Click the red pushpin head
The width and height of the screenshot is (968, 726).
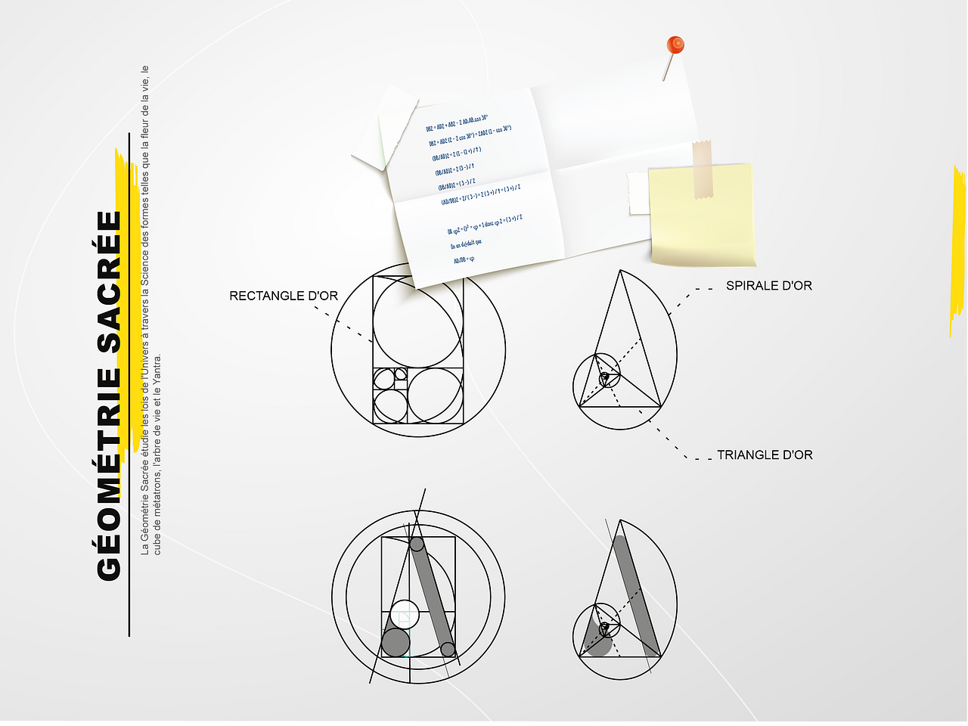[x=675, y=45]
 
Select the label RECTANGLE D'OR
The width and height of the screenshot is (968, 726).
[x=284, y=296]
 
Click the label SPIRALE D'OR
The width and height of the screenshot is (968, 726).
[x=768, y=286]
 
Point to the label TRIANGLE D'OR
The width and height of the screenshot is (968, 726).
[x=765, y=455]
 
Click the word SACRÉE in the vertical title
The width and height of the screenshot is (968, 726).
[x=110, y=281]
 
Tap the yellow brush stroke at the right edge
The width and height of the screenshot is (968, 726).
[x=958, y=250]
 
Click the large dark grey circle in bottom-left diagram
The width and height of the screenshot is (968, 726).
[x=396, y=642]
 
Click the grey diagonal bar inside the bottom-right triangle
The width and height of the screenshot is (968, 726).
[x=635, y=594]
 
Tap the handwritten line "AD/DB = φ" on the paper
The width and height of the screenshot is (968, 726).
[x=464, y=260]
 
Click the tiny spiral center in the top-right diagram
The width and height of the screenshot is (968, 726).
[x=604, y=377]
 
